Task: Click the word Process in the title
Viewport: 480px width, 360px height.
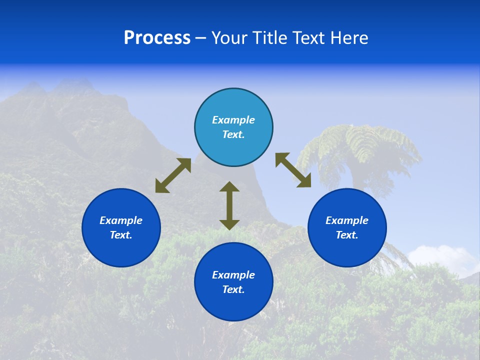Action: click(157, 38)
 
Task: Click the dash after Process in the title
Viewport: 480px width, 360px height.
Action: click(200, 38)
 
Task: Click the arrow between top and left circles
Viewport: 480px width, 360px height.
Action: click(173, 175)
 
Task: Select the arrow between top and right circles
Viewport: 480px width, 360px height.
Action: click(293, 170)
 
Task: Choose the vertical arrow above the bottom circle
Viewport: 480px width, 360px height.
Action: click(229, 206)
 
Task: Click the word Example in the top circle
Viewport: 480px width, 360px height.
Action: click(233, 120)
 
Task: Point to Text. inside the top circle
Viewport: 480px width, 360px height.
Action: click(233, 134)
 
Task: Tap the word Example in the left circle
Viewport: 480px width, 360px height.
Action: click(121, 220)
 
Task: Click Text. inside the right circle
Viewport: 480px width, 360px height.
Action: click(347, 235)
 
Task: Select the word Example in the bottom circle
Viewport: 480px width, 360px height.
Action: click(233, 275)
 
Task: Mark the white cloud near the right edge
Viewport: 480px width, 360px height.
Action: click(445, 257)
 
